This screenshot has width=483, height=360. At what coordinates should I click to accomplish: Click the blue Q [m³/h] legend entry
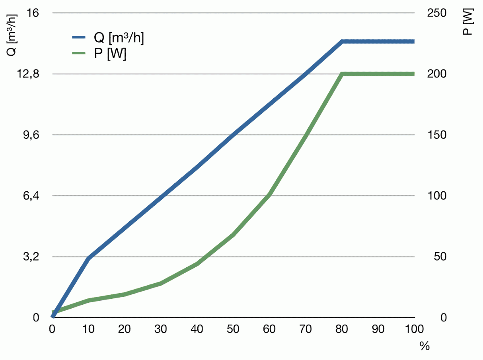coord(108,38)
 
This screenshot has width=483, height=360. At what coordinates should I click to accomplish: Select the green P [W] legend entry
coord(99,54)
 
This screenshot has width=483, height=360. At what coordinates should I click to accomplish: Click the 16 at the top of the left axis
coord(34,13)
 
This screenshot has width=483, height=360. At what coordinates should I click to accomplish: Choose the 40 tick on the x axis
coord(197,329)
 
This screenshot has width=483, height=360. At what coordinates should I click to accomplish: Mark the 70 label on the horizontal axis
coord(306,329)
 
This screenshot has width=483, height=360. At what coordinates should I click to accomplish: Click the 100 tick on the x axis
coord(415,329)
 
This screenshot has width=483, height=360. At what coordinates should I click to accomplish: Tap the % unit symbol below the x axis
coord(425,346)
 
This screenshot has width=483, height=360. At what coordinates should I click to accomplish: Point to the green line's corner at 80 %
coord(342,74)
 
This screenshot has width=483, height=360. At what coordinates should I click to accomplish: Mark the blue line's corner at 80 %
coord(342,41)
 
